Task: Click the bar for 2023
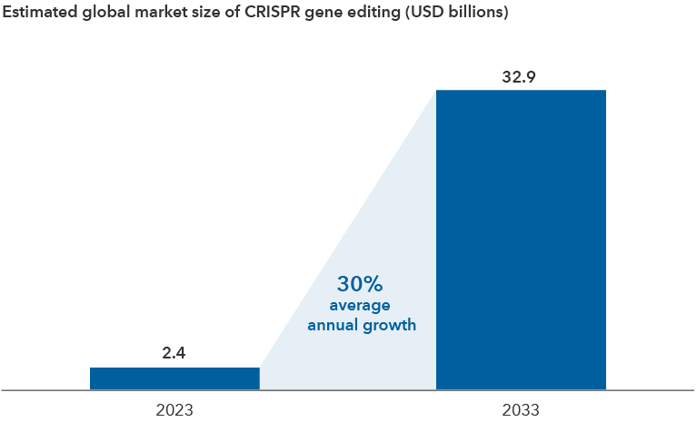click(x=174, y=378)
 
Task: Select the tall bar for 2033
click(x=521, y=240)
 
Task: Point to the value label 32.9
click(x=520, y=77)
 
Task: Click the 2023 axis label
click(x=174, y=410)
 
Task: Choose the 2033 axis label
click(x=520, y=410)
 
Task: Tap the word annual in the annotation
click(x=335, y=324)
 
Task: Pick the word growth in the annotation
click(x=391, y=324)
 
